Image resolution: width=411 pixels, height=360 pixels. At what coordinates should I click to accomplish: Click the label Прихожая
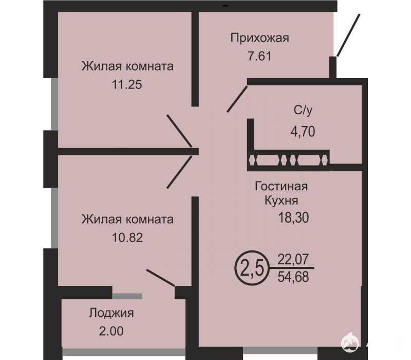[260, 39]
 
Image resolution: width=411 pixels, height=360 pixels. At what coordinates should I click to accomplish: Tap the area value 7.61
[259, 56]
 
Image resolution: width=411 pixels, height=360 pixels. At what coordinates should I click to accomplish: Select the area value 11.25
[127, 84]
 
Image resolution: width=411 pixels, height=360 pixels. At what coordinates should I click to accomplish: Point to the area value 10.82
[127, 238]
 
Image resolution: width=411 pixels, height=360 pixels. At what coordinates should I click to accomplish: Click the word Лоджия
[111, 313]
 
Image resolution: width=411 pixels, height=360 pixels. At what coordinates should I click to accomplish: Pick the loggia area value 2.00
[111, 331]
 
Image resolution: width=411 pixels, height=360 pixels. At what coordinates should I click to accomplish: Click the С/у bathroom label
[303, 111]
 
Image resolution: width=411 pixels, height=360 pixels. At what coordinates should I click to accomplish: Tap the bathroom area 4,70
[303, 131]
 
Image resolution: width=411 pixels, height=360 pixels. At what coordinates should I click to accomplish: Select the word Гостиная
[281, 187]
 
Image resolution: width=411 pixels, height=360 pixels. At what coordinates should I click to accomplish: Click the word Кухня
[281, 201]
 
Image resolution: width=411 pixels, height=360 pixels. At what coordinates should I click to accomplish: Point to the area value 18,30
[293, 218]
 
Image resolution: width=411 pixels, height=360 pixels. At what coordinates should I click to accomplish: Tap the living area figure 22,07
[293, 260]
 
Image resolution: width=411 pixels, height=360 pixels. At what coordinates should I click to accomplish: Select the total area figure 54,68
[293, 277]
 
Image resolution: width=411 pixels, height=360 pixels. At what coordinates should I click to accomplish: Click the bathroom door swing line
[237, 99]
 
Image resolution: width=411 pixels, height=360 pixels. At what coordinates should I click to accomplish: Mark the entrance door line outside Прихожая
[348, 35]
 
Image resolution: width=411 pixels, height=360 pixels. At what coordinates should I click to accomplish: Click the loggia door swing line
[161, 277]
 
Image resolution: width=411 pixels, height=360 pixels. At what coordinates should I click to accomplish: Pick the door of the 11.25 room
[179, 131]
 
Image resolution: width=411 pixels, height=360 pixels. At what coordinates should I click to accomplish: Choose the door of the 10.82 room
[179, 172]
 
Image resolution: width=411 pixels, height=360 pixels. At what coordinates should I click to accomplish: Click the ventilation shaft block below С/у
[288, 160]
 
